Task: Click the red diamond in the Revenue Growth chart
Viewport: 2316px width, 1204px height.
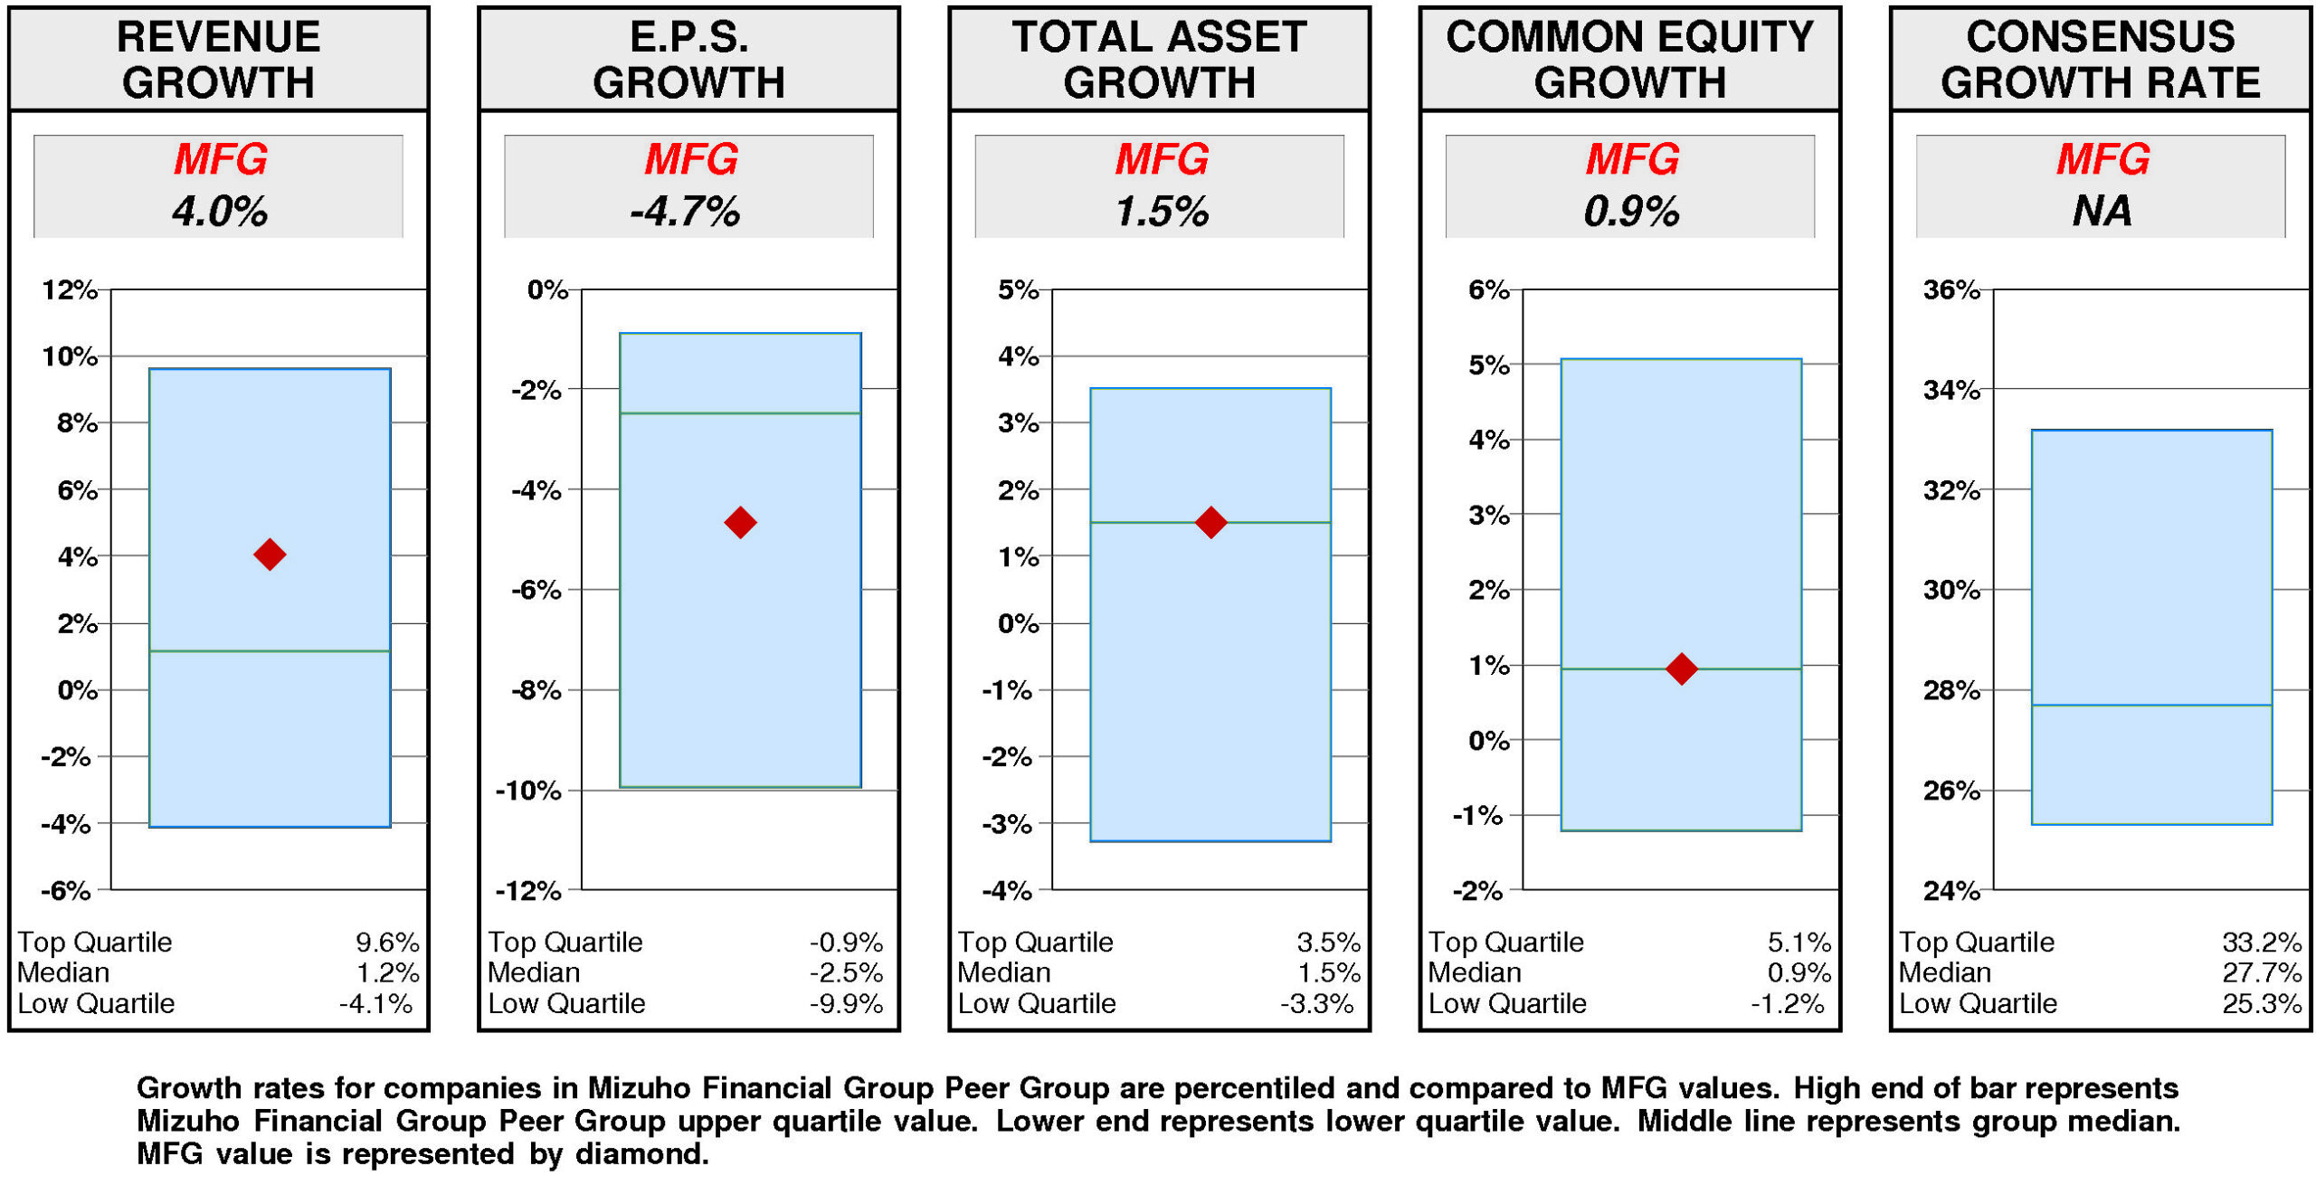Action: [x=269, y=554]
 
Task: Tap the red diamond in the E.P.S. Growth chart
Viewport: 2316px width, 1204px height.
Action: [x=739, y=521]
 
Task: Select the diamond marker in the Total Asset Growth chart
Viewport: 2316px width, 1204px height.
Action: [x=1210, y=521]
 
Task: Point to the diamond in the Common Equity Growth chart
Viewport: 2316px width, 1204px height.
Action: [x=1680, y=668]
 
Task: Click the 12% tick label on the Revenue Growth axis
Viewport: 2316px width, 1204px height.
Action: [x=69, y=289]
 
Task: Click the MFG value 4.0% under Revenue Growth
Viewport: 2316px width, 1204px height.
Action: [x=219, y=212]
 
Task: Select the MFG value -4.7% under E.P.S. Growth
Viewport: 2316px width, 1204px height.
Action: [x=685, y=212]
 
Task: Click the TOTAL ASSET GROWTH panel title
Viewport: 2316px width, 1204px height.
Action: [x=1159, y=59]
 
